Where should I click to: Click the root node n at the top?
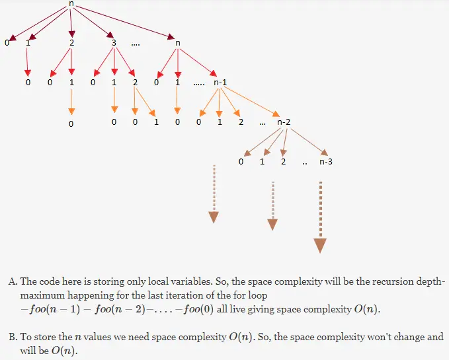pos(71,4)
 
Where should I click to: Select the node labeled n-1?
pos(220,83)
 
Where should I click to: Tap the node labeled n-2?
pos(284,122)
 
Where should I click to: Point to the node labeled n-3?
pos(325,161)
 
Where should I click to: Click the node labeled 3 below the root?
pos(114,44)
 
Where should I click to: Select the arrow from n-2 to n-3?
pos(306,141)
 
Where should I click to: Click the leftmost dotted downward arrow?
pos(214,194)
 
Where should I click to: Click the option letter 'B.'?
pos(13,337)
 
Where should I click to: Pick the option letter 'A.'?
pos(13,281)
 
